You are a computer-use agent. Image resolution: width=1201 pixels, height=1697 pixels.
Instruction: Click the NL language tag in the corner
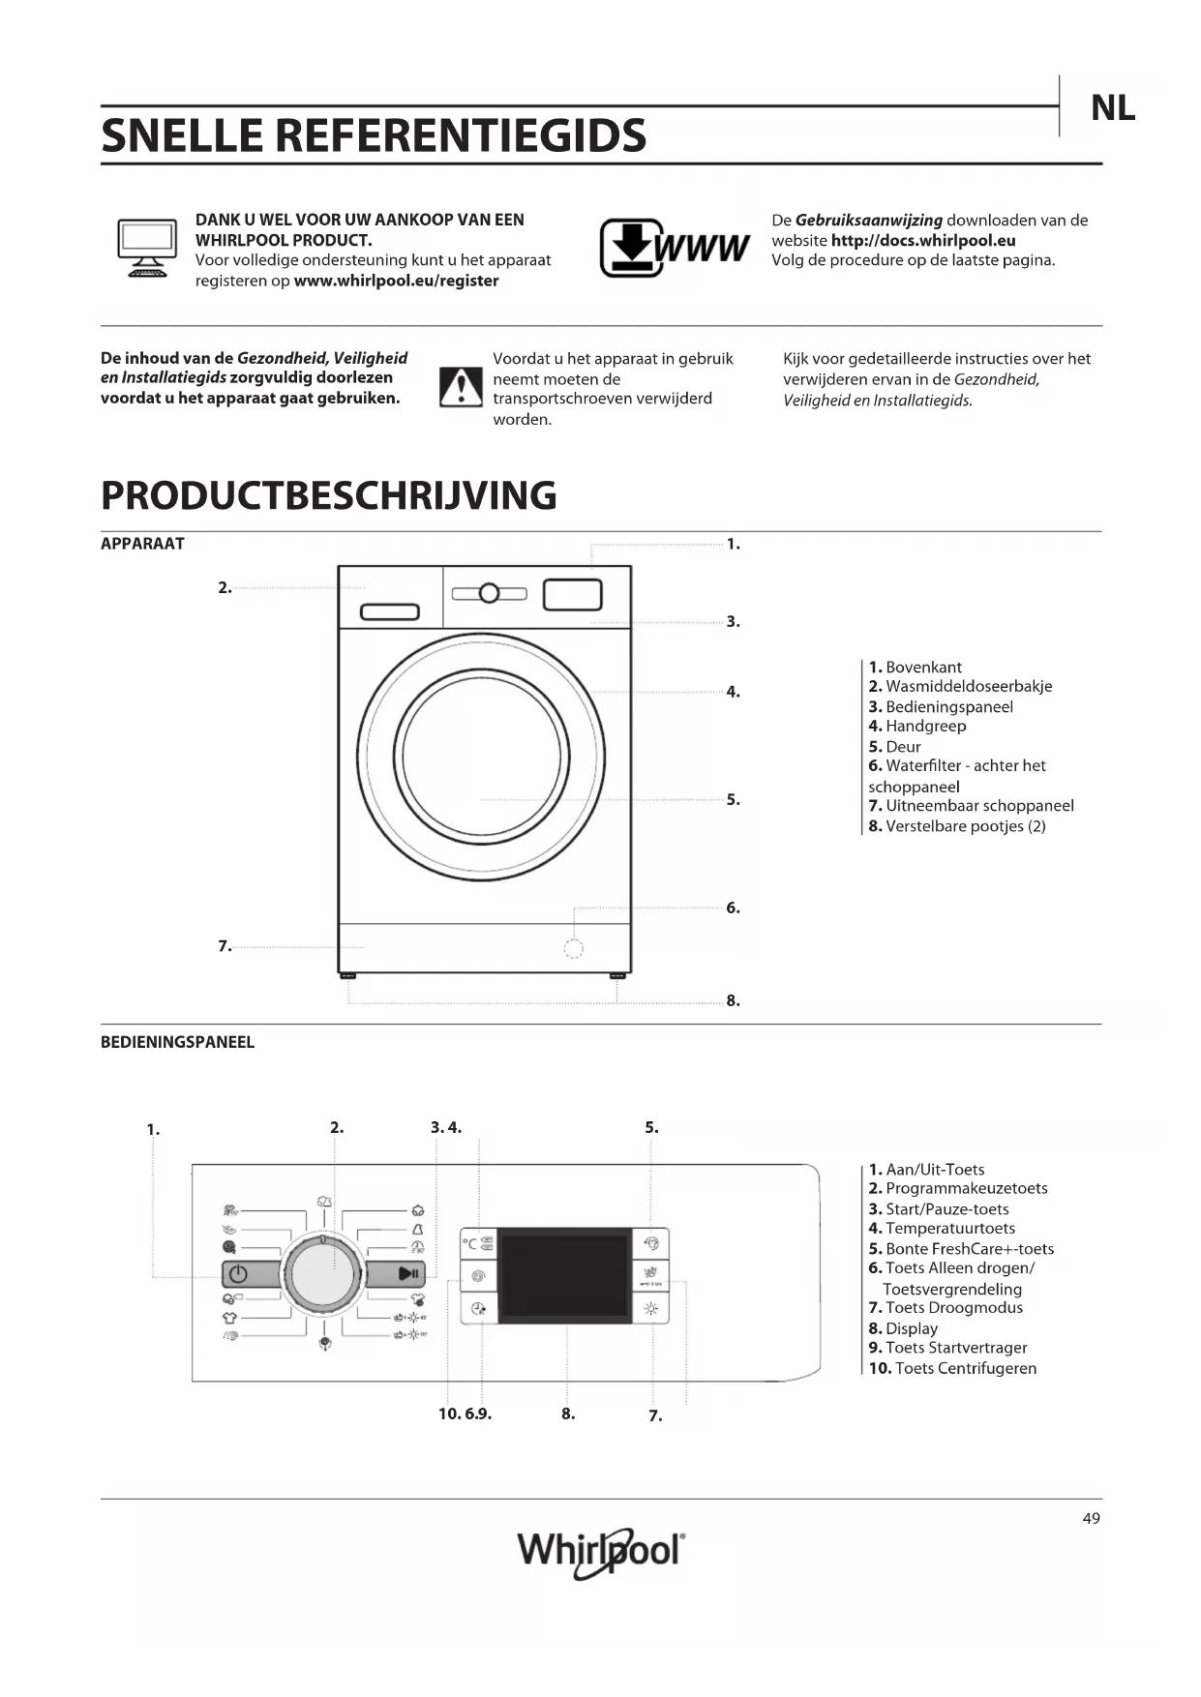[x=1112, y=108]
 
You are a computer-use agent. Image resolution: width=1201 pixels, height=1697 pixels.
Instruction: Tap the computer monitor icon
[x=147, y=248]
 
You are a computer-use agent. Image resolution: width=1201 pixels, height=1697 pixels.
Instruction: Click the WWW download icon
[x=674, y=248]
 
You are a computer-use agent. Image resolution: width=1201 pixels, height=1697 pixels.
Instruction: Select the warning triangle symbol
[x=461, y=387]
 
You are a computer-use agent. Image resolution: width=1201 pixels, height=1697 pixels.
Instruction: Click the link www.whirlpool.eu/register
[x=396, y=281]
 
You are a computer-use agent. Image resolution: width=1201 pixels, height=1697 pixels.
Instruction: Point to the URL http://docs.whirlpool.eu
[x=922, y=240]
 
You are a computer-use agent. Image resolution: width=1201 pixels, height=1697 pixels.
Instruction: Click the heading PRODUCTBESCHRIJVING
[x=329, y=495]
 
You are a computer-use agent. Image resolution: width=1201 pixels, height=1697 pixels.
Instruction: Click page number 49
[x=1091, y=1518]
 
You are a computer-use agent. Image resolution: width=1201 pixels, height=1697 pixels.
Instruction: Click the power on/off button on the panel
[x=252, y=1274]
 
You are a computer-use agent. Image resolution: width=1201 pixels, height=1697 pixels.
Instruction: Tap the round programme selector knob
[x=323, y=1273]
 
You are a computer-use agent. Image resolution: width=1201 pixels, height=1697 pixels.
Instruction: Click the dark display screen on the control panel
[x=564, y=1274]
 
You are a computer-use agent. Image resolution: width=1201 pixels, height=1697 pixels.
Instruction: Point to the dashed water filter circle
[x=573, y=948]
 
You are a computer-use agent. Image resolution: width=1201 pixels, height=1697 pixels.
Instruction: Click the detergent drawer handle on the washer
[x=389, y=611]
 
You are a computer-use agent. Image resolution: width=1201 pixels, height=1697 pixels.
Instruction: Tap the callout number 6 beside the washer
[x=733, y=908]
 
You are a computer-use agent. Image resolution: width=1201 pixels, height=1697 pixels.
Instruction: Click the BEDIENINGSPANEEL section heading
[x=177, y=1042]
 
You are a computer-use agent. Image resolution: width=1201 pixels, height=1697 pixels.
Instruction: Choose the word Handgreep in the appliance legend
[x=925, y=726]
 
